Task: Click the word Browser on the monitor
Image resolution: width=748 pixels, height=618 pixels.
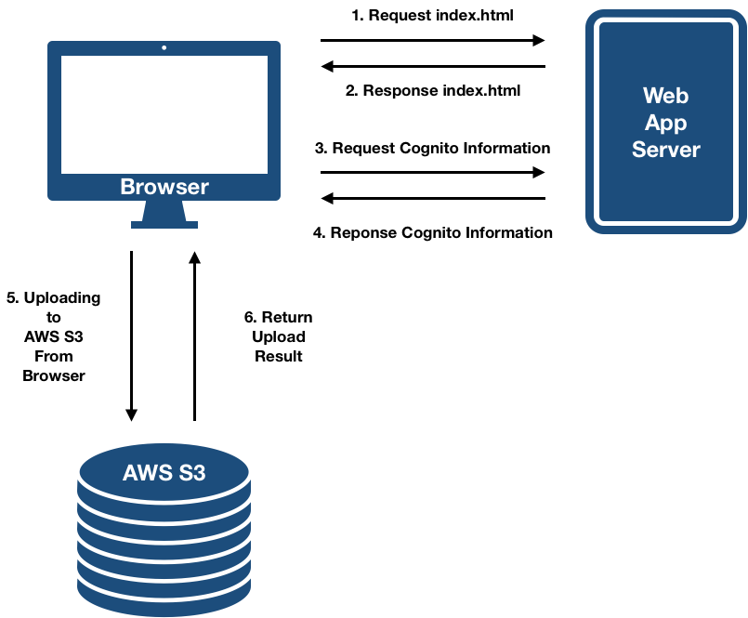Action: pyautogui.click(x=164, y=187)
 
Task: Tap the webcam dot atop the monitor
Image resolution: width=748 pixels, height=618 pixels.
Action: pyautogui.click(x=164, y=46)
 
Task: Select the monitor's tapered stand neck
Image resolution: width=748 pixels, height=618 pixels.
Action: pyautogui.click(x=164, y=211)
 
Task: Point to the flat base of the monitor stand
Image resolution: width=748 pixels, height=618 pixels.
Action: pyautogui.click(x=164, y=224)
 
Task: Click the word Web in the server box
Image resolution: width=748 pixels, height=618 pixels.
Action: pyautogui.click(x=665, y=96)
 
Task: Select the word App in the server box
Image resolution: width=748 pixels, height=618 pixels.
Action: pyautogui.click(x=665, y=123)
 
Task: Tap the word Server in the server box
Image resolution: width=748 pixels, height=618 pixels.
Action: pyautogui.click(x=665, y=150)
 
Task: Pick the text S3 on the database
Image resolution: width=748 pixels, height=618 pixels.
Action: pyautogui.click(x=192, y=473)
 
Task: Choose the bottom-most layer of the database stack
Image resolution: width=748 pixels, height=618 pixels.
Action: pyautogui.click(x=164, y=595)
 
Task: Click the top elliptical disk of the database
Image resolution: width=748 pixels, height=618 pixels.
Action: pyautogui.click(x=164, y=469)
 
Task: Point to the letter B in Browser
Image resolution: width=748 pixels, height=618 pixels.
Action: pyautogui.click(x=127, y=187)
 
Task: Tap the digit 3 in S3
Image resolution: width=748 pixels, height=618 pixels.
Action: pyautogui.click(x=199, y=473)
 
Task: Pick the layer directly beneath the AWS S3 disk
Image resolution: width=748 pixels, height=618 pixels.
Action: pyautogui.click(x=164, y=506)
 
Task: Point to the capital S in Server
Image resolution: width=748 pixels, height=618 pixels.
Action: pyautogui.click(x=639, y=150)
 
